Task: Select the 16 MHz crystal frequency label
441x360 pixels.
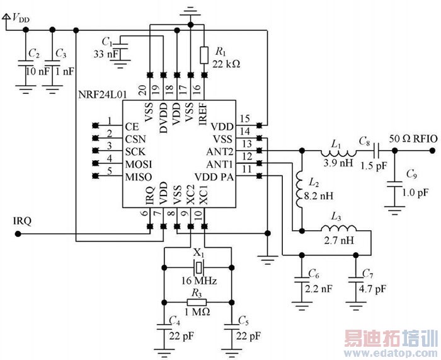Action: click(x=199, y=280)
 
